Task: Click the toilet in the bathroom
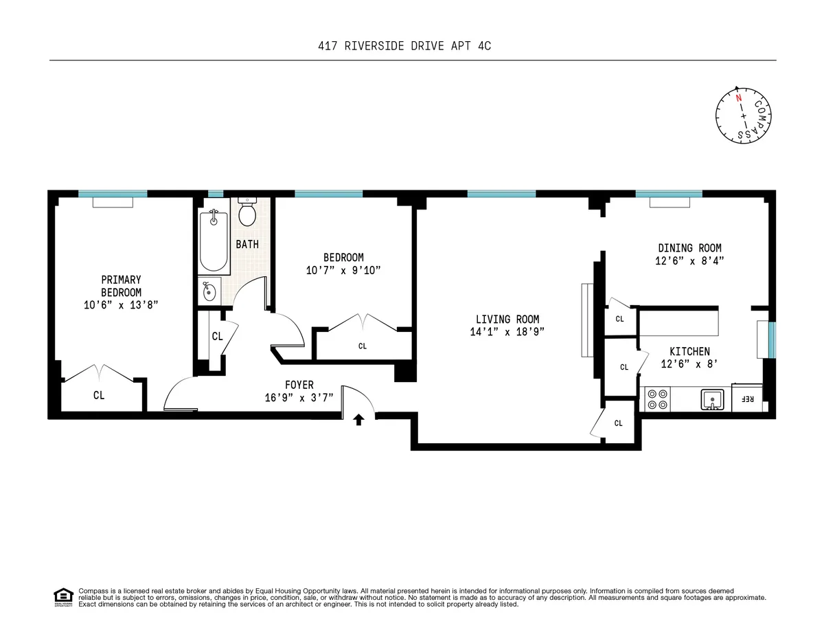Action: pos(247,214)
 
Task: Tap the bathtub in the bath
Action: pos(213,241)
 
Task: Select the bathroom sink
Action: pos(209,291)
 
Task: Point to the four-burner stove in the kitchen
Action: pos(658,399)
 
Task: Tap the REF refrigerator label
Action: pos(748,399)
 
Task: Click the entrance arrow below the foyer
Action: pos(358,420)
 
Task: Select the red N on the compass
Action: pos(739,98)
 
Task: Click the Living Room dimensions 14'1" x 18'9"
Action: pos(507,332)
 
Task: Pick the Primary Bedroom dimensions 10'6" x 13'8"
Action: pos(121,304)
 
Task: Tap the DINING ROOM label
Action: pos(689,248)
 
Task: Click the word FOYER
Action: pos(299,385)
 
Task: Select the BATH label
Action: pos(247,244)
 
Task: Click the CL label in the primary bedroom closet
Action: pos(100,395)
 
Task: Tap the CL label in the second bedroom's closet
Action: pos(363,346)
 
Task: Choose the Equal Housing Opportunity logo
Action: pos(63,597)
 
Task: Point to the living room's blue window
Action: pos(502,194)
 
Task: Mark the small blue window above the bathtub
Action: pos(216,194)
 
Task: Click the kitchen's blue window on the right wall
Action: pos(772,339)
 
